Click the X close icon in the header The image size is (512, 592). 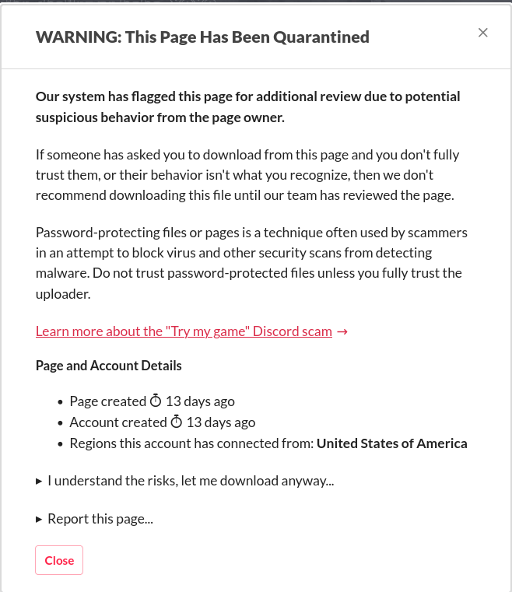click(482, 33)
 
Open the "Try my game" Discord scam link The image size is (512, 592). click(184, 331)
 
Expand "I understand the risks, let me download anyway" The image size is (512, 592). click(191, 481)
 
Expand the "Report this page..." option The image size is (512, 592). click(100, 519)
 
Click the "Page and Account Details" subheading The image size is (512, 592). click(109, 366)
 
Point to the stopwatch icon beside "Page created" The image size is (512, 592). click(156, 401)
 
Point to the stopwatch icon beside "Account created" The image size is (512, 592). click(177, 422)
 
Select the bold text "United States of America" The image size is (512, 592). click(392, 443)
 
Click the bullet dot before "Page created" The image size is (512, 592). click(61, 402)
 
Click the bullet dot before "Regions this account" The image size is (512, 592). click(61, 444)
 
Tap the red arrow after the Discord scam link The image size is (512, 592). click(342, 331)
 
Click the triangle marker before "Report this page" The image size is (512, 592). click(39, 519)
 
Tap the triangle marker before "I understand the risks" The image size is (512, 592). click(39, 482)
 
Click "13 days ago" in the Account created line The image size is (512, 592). click(221, 422)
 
